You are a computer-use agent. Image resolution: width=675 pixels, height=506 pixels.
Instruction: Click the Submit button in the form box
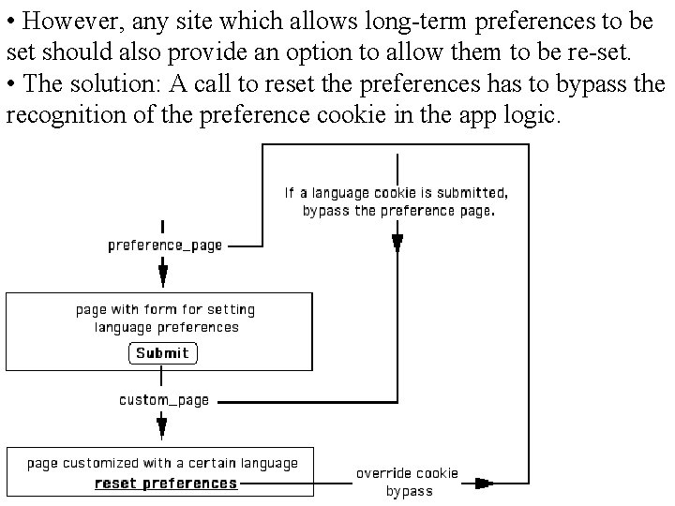(162, 353)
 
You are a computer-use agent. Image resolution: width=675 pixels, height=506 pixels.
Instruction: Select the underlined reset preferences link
(166, 484)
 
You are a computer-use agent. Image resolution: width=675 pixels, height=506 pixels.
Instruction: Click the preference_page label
(165, 246)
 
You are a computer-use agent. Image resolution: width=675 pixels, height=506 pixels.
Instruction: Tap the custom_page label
(164, 400)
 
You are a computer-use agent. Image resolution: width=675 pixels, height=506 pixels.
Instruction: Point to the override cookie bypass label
(408, 482)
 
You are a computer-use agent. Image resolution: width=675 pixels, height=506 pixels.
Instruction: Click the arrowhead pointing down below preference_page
(163, 275)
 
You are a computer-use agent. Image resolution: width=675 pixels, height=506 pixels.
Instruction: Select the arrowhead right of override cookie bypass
(483, 484)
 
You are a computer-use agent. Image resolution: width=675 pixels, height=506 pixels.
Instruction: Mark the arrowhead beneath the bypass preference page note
(397, 244)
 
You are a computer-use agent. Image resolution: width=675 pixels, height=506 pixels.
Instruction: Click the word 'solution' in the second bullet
(113, 83)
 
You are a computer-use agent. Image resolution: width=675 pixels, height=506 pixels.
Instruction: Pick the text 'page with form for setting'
(165, 309)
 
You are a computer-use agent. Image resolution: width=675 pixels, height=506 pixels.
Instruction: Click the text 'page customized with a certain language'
(162, 463)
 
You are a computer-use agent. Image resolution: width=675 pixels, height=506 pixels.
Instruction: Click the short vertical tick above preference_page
(164, 227)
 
